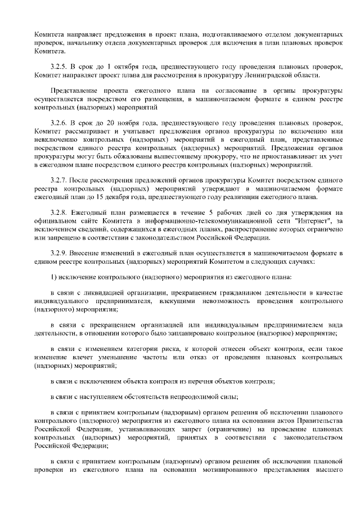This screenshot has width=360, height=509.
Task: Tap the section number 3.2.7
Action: [59, 179]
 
